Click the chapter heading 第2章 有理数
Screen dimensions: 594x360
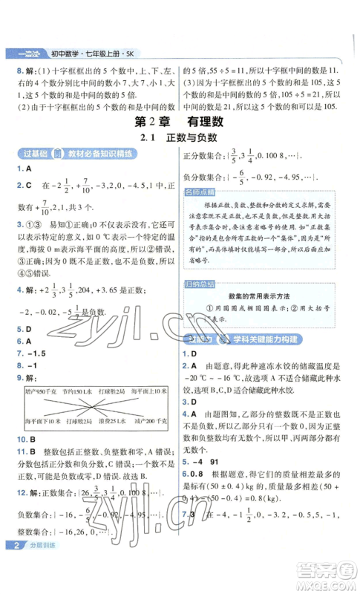coord(180,121)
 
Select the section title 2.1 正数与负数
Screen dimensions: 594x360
coord(180,139)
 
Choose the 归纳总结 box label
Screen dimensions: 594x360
coord(203,285)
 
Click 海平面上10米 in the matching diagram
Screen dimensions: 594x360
coord(149,391)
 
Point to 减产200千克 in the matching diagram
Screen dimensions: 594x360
coord(149,420)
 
